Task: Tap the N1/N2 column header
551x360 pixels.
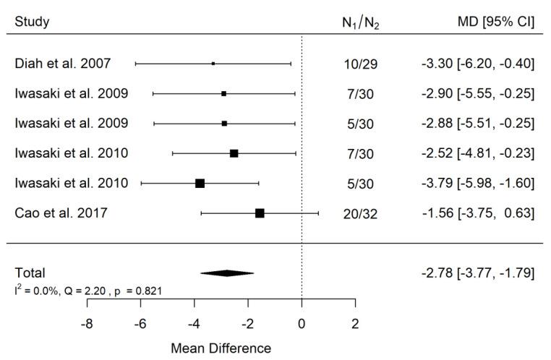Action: tap(360, 23)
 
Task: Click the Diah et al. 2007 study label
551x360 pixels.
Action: tap(63, 64)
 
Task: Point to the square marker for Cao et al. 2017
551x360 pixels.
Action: tap(260, 213)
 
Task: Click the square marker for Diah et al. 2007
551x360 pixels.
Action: tap(213, 64)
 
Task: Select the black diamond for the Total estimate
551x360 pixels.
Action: tap(227, 273)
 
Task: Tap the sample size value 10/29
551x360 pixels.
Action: tap(360, 64)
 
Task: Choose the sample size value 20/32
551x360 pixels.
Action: tap(360, 213)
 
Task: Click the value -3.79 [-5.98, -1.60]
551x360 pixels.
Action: tap(477, 183)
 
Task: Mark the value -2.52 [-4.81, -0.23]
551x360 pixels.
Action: tap(477, 153)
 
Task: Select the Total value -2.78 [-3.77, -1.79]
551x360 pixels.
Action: tap(477, 273)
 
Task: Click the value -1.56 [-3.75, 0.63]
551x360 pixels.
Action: tap(477, 213)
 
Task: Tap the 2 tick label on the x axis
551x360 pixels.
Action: tap(355, 324)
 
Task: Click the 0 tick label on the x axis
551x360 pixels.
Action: tap(302, 324)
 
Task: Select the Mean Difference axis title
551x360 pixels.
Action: tap(221, 348)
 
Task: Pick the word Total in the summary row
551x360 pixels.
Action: tap(30, 273)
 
